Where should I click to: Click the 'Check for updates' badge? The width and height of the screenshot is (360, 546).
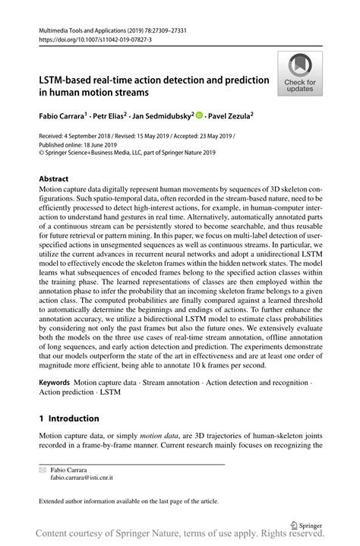tap(301, 73)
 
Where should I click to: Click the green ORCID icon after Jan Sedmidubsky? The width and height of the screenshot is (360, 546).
tap(199, 116)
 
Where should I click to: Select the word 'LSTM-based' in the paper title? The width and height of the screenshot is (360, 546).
tap(68, 79)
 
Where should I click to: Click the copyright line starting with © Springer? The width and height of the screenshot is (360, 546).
tap(127, 153)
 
